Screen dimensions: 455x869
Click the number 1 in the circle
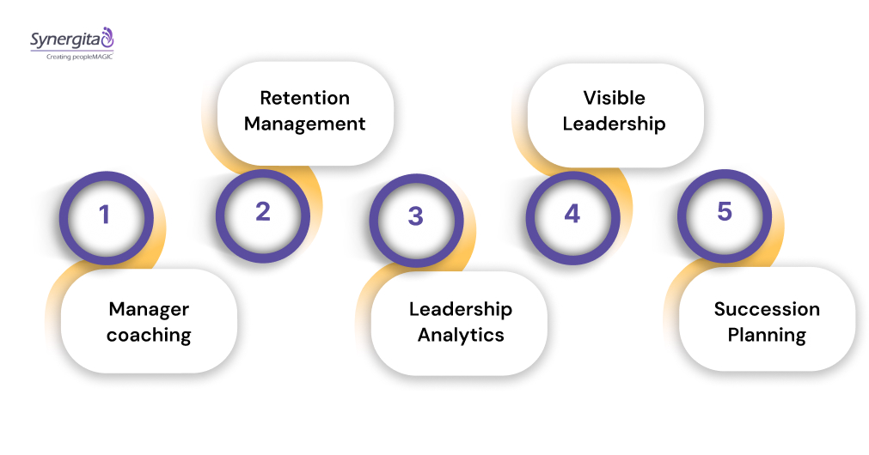point(105,215)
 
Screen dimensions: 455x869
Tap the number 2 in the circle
point(263,211)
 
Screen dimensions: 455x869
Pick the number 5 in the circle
point(725,211)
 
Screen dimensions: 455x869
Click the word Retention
point(305,98)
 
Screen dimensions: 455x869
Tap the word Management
point(305,124)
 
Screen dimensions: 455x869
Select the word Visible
point(614,98)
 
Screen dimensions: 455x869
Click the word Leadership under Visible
point(614,124)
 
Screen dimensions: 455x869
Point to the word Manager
point(149,309)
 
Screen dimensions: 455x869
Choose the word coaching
point(149,336)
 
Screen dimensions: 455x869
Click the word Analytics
point(461,336)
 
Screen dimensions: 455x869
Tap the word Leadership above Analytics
point(461,309)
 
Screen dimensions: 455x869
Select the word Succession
point(767,309)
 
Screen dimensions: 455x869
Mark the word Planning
point(767,336)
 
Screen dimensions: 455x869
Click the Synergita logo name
point(64,39)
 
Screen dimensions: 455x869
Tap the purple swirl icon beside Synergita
point(107,36)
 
